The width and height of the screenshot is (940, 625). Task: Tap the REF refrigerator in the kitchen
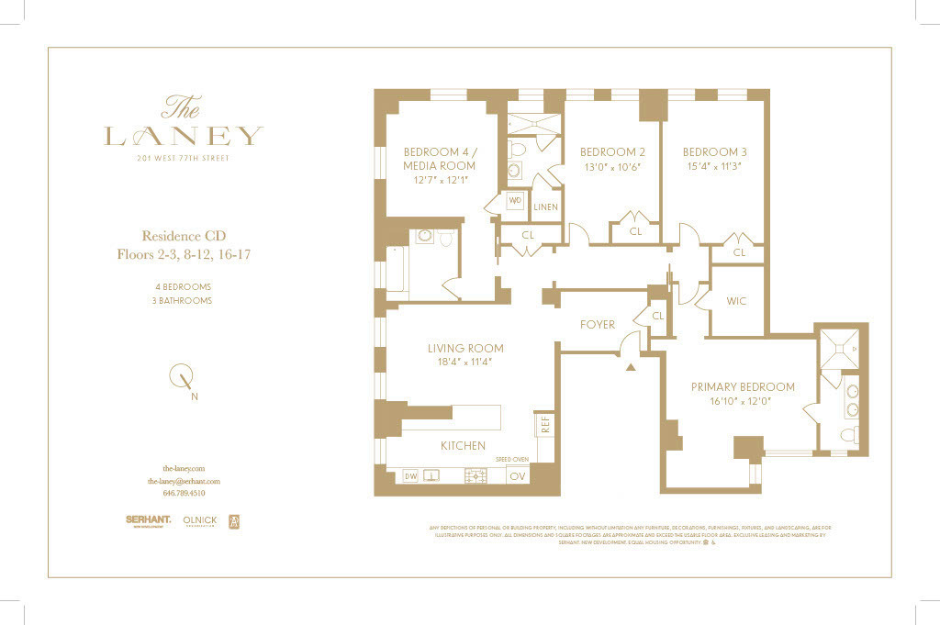click(544, 424)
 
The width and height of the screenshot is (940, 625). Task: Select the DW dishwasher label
click(410, 476)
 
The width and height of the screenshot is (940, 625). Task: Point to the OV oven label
click(518, 476)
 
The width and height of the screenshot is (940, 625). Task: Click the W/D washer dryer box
click(514, 200)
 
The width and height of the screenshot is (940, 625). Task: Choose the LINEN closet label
click(545, 207)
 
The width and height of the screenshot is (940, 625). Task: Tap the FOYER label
click(597, 324)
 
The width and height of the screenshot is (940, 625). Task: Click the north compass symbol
click(183, 376)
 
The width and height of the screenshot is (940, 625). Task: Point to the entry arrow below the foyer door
click(630, 367)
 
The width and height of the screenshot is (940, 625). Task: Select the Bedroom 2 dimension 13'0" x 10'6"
click(610, 167)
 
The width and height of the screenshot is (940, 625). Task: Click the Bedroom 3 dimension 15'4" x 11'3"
click(712, 167)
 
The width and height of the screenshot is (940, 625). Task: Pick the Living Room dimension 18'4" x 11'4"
click(465, 363)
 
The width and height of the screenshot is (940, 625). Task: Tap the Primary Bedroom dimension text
click(742, 401)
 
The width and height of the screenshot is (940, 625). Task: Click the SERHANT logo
click(148, 520)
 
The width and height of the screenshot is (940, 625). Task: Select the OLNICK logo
click(199, 520)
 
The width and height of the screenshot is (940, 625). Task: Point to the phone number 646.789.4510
click(184, 493)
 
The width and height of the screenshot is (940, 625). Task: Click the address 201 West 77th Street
click(184, 158)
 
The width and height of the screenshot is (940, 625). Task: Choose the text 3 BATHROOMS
click(184, 300)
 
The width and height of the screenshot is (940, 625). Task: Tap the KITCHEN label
click(463, 446)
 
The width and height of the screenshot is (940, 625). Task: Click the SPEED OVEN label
click(512, 458)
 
